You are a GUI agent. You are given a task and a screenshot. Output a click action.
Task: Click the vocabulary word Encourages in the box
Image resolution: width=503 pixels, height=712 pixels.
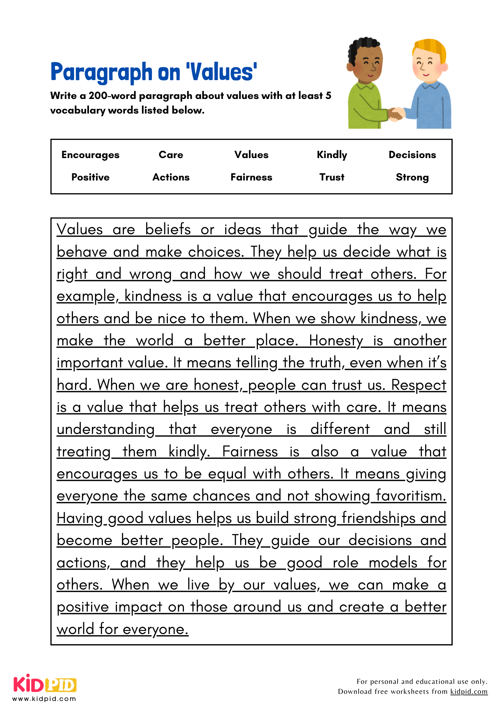pos(90,155)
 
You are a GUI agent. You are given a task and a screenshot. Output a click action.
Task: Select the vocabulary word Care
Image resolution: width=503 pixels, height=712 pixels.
pos(171,155)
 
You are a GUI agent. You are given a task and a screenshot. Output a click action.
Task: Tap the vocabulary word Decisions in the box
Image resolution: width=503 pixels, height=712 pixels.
pos(412,155)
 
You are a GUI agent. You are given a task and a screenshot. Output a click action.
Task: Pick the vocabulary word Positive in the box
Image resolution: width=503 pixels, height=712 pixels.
pos(90,177)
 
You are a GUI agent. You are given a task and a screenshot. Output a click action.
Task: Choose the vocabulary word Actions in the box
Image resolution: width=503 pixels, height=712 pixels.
pos(171,177)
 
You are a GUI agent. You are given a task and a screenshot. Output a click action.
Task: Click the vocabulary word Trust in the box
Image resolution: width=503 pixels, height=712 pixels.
pos(332,177)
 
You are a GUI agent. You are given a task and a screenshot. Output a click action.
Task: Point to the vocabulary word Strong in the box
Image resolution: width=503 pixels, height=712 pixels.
pos(412,177)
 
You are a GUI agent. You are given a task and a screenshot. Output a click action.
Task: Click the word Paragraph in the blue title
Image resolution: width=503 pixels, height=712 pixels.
pos(101,72)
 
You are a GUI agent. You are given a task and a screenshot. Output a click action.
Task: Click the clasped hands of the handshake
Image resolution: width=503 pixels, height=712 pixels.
pos(396,114)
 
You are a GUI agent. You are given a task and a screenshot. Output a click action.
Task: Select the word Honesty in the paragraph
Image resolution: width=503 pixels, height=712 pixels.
pos(336,341)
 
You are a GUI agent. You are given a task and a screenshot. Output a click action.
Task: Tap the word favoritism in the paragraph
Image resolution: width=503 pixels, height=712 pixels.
pos(411,496)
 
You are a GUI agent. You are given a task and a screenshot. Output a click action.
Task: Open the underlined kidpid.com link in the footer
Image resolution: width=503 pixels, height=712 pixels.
pos(468,691)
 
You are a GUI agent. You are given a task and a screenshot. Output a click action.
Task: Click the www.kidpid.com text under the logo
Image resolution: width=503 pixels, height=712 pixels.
pos(44,698)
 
